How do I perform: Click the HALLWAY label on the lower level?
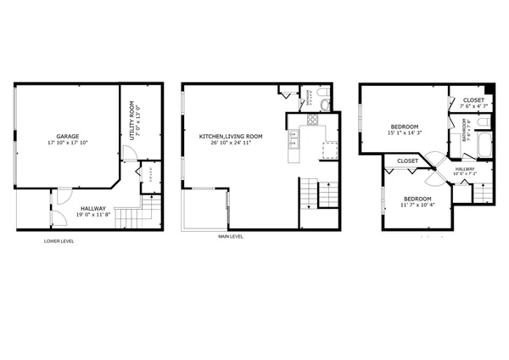click(93, 208)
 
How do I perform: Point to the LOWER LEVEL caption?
click(59, 241)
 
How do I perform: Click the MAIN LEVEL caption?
click(230, 237)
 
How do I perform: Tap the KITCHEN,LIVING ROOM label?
click(231, 136)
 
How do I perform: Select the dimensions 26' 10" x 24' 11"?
click(231, 143)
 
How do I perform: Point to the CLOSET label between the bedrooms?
click(407, 160)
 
